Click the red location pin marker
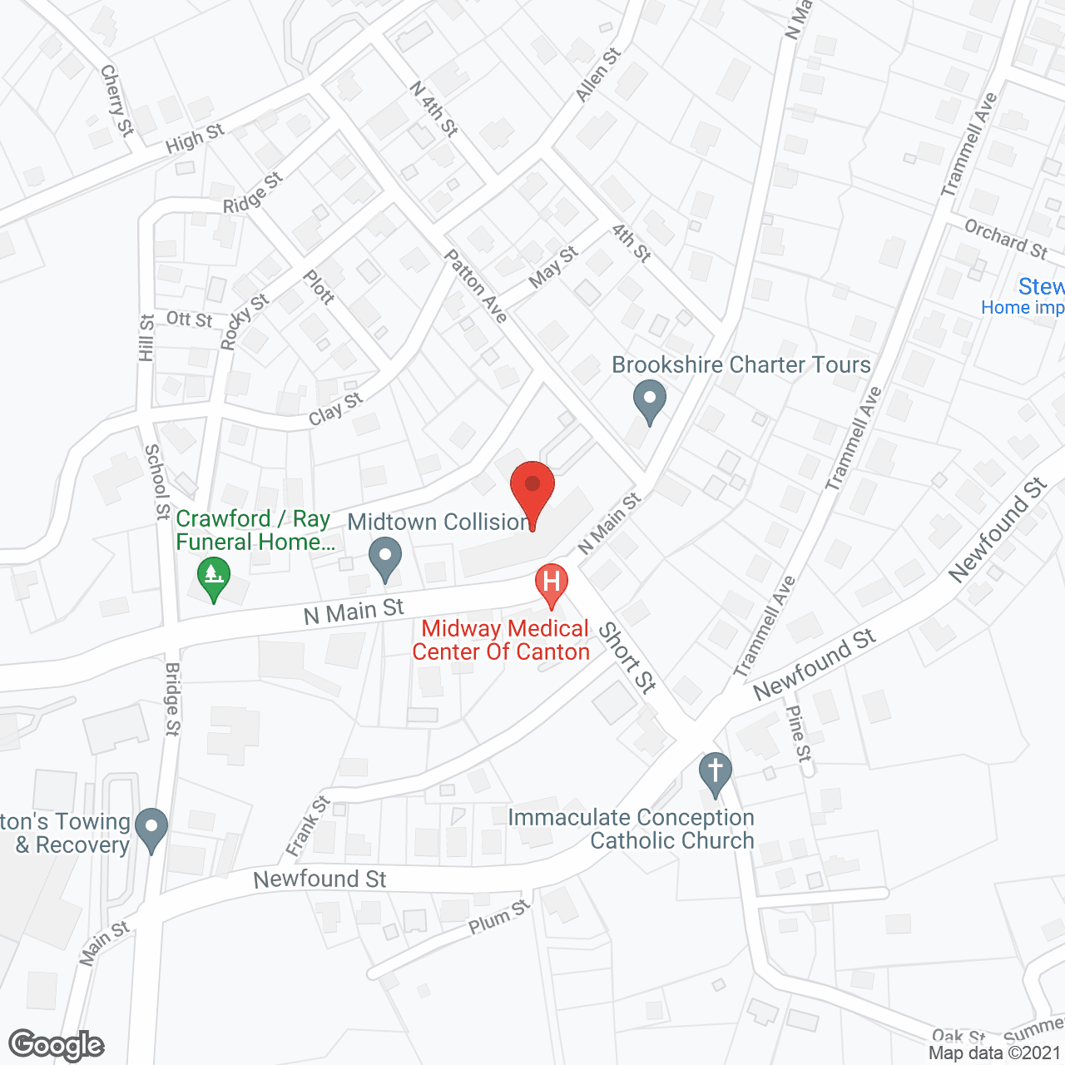[532, 491]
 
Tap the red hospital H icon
[551, 582]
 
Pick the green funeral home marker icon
[214, 577]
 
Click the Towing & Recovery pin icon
[151, 828]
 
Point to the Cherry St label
[116, 101]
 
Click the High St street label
[195, 139]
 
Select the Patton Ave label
[476, 285]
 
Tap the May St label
[552, 266]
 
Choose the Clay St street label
[336, 409]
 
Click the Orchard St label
[1005, 239]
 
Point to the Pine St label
[798, 733]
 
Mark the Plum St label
[499, 917]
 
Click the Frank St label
[308, 826]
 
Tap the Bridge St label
[172, 699]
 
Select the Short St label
[628, 657]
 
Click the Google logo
[57, 1045]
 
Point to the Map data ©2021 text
[994, 1053]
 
